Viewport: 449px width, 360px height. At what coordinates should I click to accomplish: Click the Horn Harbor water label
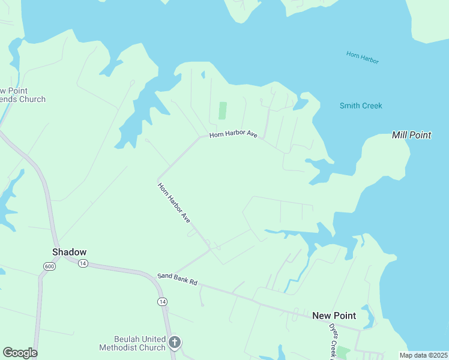pyautogui.click(x=363, y=58)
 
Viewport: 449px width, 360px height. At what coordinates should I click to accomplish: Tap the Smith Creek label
pyautogui.click(x=361, y=106)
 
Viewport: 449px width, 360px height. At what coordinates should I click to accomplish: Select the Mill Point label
pyautogui.click(x=411, y=135)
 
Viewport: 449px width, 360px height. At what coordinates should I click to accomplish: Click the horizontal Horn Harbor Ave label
pyautogui.click(x=234, y=135)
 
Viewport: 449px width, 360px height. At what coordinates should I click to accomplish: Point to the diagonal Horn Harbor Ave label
pyautogui.click(x=174, y=204)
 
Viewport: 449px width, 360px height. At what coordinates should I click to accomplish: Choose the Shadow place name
pyautogui.click(x=70, y=252)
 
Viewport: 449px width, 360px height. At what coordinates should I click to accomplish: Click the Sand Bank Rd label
pyautogui.click(x=177, y=279)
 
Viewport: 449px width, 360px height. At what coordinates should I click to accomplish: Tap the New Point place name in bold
pyautogui.click(x=334, y=316)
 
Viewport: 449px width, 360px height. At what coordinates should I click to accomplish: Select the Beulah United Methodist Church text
pyautogui.click(x=132, y=343)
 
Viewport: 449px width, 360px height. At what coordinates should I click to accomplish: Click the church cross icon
pyautogui.click(x=175, y=343)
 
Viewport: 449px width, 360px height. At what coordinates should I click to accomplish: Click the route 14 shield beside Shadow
pyautogui.click(x=83, y=263)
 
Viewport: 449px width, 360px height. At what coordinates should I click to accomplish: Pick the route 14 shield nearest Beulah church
pyautogui.click(x=162, y=301)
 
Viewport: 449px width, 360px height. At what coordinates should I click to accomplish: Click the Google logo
pyautogui.click(x=20, y=353)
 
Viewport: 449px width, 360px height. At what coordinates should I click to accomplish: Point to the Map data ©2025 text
pyautogui.click(x=423, y=355)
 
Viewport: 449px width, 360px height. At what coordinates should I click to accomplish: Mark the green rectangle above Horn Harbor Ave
pyautogui.click(x=223, y=110)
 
